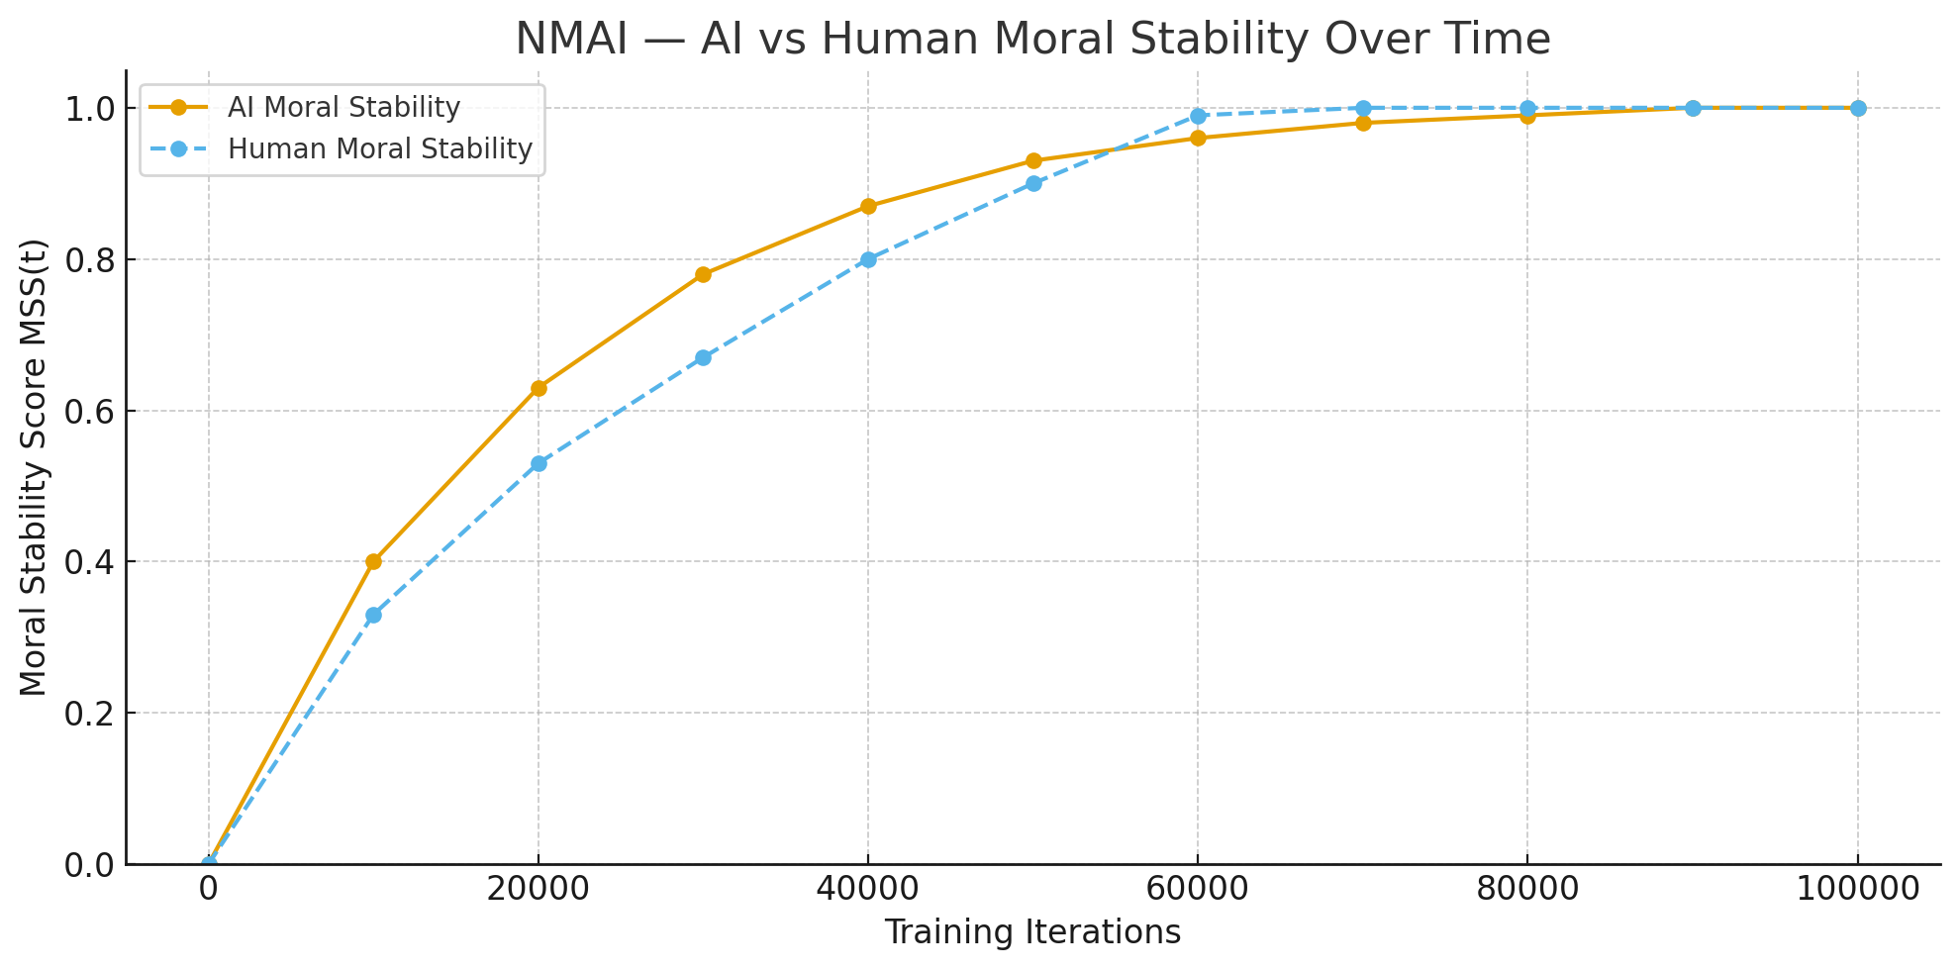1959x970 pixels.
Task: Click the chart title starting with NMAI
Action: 1032,40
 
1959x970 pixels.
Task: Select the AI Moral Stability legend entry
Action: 343,107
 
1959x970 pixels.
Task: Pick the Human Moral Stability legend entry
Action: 380,148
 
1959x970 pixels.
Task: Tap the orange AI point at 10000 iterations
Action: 373,561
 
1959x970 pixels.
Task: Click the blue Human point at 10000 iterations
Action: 373,615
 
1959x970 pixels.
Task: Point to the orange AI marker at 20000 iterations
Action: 539,388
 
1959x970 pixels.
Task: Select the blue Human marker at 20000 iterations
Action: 539,463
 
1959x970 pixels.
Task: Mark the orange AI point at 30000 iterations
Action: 703,274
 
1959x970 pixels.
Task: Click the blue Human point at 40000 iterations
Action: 868,259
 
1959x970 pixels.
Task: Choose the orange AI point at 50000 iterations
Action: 1033,160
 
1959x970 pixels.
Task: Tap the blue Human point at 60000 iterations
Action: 1198,116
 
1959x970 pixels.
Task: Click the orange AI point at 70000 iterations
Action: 1363,123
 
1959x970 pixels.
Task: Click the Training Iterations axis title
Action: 1032,932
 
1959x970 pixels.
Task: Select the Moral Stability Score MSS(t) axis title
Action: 34,467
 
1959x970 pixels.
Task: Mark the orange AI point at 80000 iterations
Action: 1527,116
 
